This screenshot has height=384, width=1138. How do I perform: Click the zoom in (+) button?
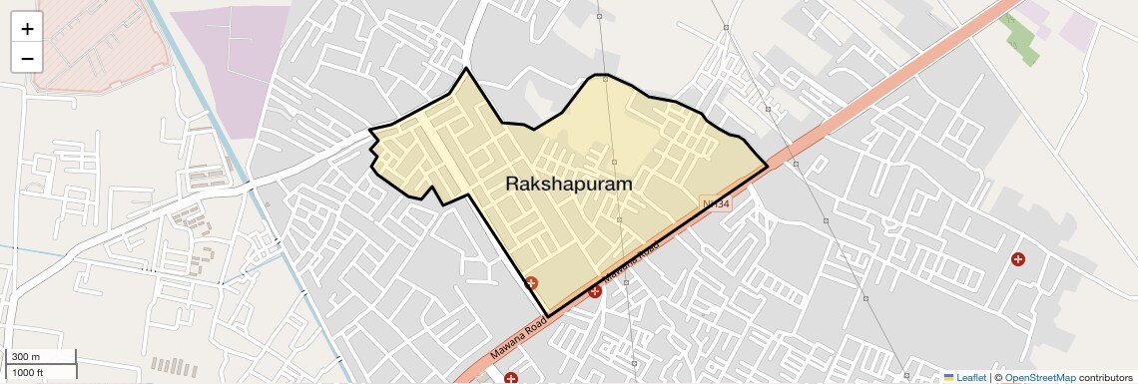point(27,29)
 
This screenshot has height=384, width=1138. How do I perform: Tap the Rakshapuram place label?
point(568,185)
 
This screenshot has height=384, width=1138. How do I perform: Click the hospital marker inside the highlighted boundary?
point(532,283)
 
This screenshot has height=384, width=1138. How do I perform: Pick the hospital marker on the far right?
point(1018,259)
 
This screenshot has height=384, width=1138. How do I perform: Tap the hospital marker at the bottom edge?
point(511,378)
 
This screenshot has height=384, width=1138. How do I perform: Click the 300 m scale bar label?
point(26,357)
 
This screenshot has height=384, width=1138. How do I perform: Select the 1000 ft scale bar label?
point(28,372)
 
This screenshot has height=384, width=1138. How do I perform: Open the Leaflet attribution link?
point(970,378)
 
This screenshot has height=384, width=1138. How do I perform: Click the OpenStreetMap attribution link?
point(1039,378)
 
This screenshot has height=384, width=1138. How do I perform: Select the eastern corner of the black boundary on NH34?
point(767,167)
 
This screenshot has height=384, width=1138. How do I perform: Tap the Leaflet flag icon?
point(948,378)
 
